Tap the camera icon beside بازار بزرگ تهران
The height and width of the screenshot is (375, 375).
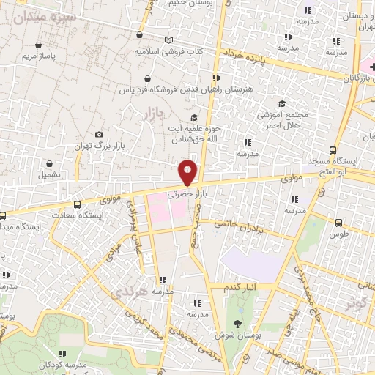[100, 135]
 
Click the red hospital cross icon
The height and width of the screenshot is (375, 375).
[365, 67]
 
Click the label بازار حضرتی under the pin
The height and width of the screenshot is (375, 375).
[184, 195]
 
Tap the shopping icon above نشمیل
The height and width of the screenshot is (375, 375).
[49, 165]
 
